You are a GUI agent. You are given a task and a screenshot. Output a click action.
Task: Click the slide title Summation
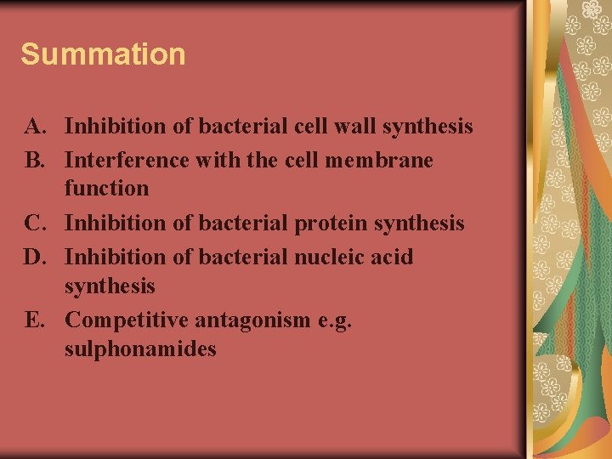103,54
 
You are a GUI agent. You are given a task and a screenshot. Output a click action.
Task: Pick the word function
106,189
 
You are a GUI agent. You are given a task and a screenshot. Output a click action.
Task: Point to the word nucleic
330,256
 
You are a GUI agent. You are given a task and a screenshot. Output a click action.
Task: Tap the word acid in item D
392,256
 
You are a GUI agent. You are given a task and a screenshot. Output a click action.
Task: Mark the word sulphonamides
140,349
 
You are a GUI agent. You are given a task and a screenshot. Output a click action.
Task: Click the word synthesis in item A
428,127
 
